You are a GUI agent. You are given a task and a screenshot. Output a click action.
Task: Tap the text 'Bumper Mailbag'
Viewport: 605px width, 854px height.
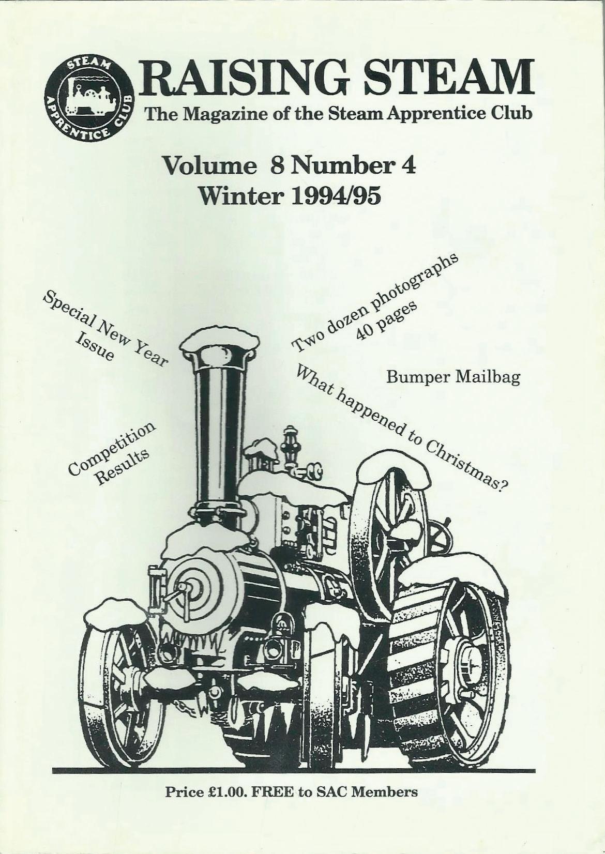[x=453, y=377]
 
